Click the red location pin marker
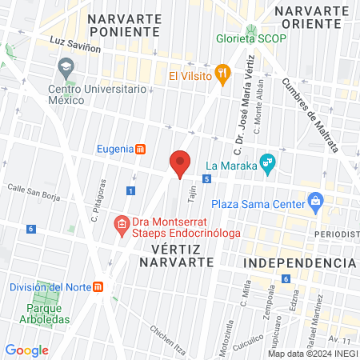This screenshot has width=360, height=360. click(181, 163)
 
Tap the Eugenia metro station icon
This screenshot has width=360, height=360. click(141, 148)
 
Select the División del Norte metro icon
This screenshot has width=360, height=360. click(98, 287)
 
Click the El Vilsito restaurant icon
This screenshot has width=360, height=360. click(223, 74)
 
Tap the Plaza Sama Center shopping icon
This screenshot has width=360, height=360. click(315, 200)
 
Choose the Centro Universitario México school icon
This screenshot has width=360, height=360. click(66, 65)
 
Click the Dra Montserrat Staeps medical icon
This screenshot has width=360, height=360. click(122, 222)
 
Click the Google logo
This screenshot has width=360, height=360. click(26, 350)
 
